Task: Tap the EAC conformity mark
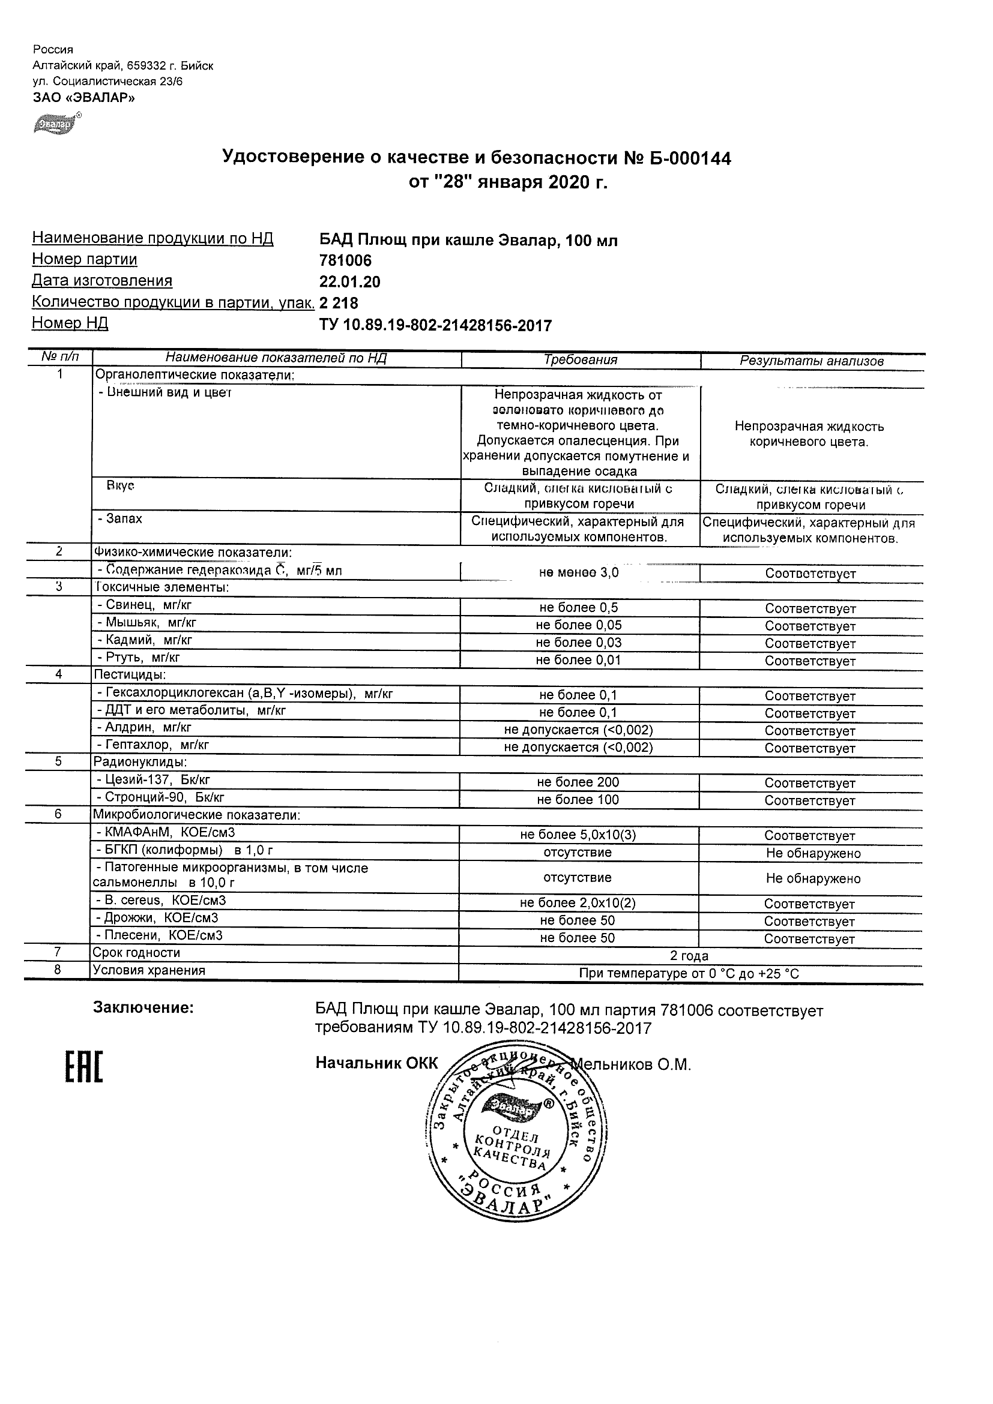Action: coord(84,1067)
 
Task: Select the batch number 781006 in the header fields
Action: coord(345,260)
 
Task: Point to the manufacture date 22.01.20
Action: coord(349,282)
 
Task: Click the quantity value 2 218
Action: coord(339,302)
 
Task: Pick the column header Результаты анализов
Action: coord(811,361)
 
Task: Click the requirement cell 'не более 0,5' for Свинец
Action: coord(578,608)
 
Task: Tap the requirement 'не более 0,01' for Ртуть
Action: coord(578,660)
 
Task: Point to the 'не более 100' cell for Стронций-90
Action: coord(578,800)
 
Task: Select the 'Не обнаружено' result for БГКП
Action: coord(812,853)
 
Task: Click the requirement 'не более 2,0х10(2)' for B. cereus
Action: coord(578,903)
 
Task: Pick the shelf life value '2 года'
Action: coord(689,956)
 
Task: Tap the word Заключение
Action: coord(143,1008)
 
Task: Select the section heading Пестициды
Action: coord(129,674)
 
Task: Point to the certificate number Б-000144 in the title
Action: coord(688,158)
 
